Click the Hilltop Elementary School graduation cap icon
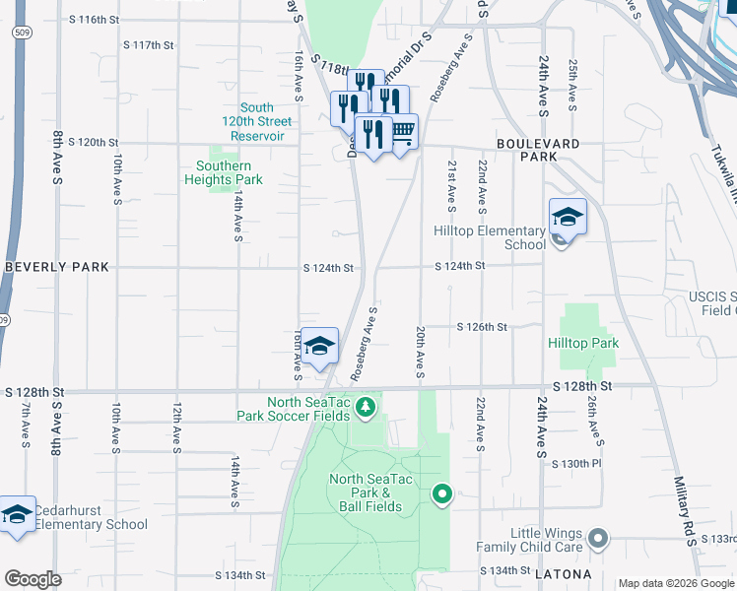coord(568,217)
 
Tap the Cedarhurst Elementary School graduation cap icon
coord(17,514)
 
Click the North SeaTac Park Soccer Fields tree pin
coord(367,407)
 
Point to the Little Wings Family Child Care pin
coord(597,538)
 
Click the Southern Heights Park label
coord(223,172)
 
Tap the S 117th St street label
coord(148,45)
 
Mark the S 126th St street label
coord(482,326)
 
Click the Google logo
coord(33,579)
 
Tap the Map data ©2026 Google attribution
coord(675,583)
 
